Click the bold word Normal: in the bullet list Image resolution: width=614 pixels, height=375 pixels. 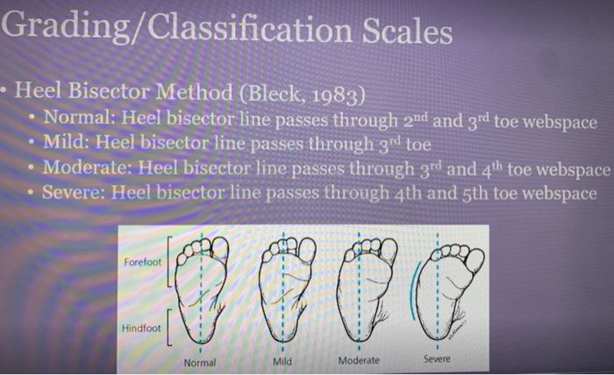click(x=78, y=119)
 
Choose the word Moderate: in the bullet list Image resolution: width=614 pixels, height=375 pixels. click(x=88, y=167)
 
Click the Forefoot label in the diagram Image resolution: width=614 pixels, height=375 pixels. click(x=143, y=263)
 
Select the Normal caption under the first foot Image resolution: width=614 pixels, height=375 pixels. click(x=199, y=361)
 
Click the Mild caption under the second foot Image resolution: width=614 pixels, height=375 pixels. click(x=282, y=361)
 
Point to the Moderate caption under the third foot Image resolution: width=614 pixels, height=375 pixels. click(x=359, y=360)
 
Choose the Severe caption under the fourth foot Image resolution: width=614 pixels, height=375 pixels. click(x=436, y=358)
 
